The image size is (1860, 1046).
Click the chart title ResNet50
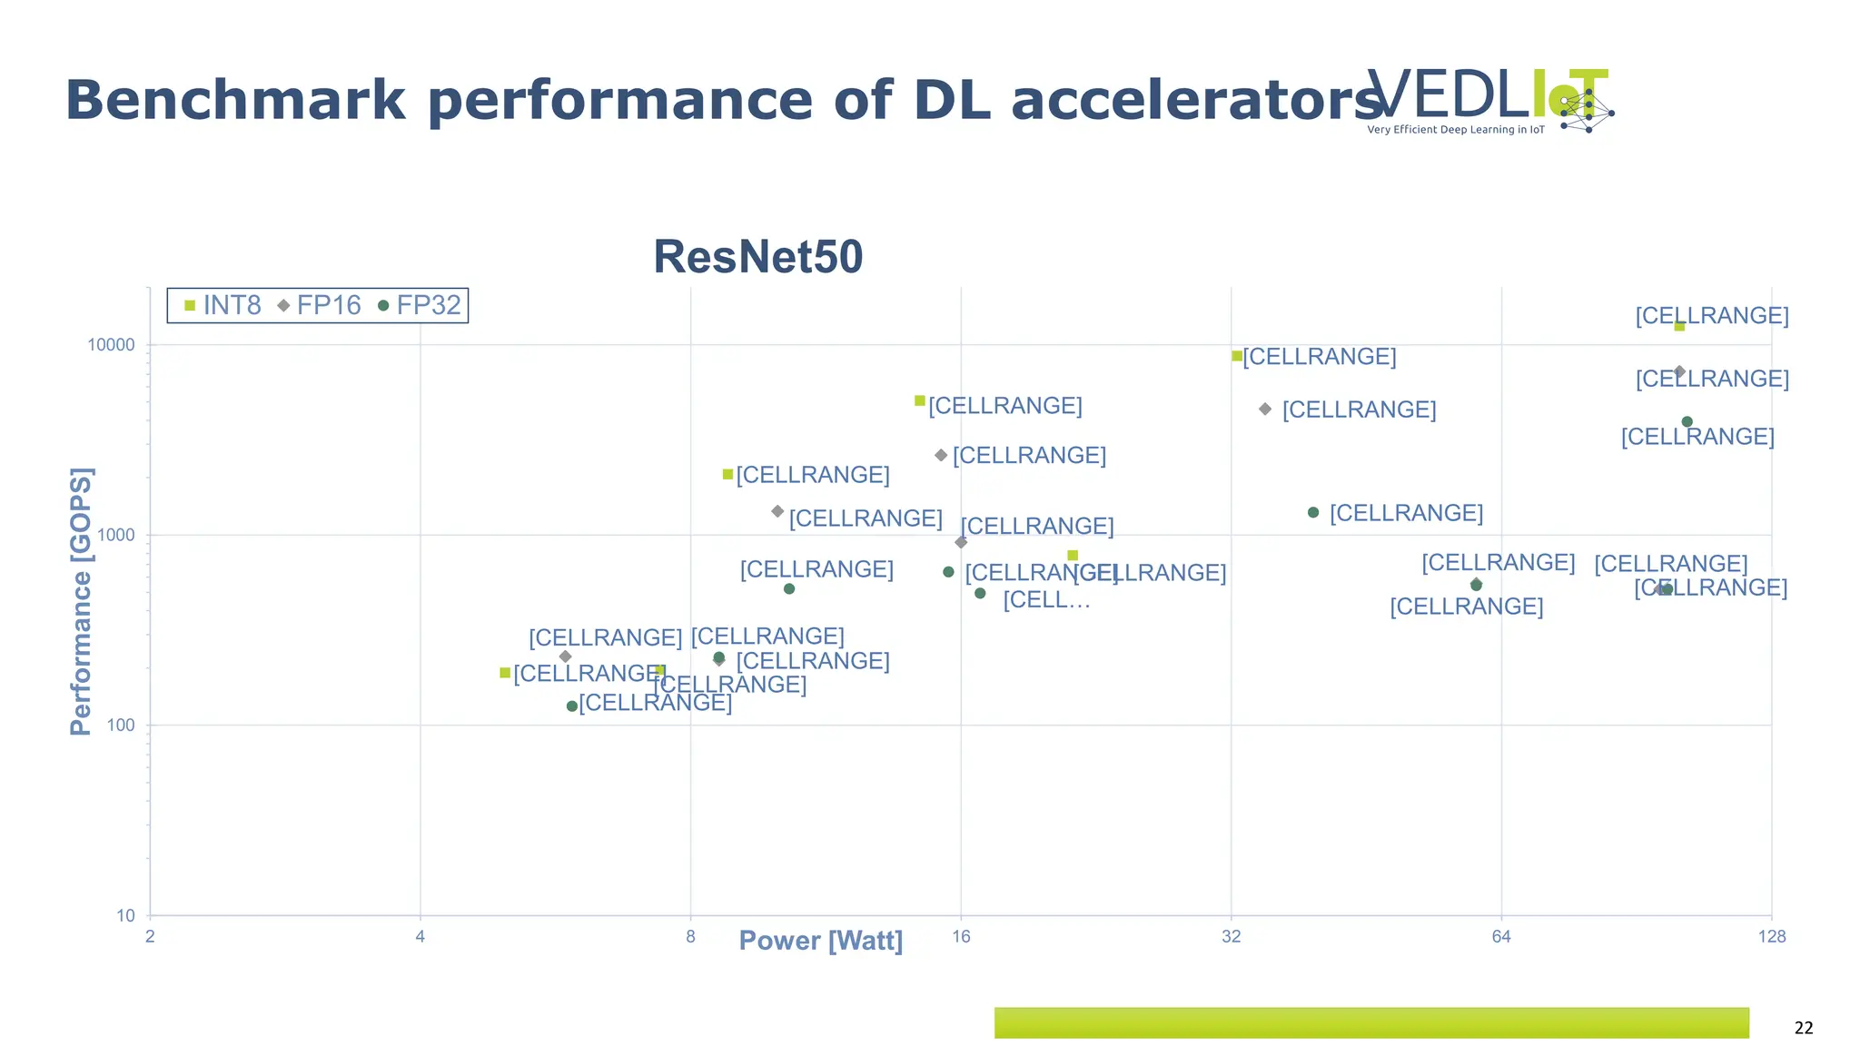point(757,257)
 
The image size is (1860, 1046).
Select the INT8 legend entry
point(223,305)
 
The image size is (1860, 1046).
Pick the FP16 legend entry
point(320,305)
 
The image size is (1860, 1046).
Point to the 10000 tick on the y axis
point(111,345)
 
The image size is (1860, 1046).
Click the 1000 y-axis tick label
point(115,535)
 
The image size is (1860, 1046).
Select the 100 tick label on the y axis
point(120,725)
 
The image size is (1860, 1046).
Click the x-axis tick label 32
point(1231,936)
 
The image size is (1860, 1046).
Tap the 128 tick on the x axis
point(1771,936)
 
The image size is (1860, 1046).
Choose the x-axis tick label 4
point(420,936)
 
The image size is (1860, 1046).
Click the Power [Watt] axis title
point(820,941)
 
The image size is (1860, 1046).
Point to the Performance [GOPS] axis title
point(82,601)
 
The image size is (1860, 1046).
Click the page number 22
point(1804,1028)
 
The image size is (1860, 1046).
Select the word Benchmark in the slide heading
point(235,100)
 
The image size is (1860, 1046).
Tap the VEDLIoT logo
point(1489,100)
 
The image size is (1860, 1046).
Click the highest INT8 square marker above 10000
point(1679,326)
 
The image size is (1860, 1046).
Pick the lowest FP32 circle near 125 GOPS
point(571,706)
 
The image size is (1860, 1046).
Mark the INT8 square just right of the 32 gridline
point(1237,356)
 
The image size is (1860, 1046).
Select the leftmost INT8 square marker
point(505,673)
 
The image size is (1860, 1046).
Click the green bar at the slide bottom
point(1371,1022)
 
